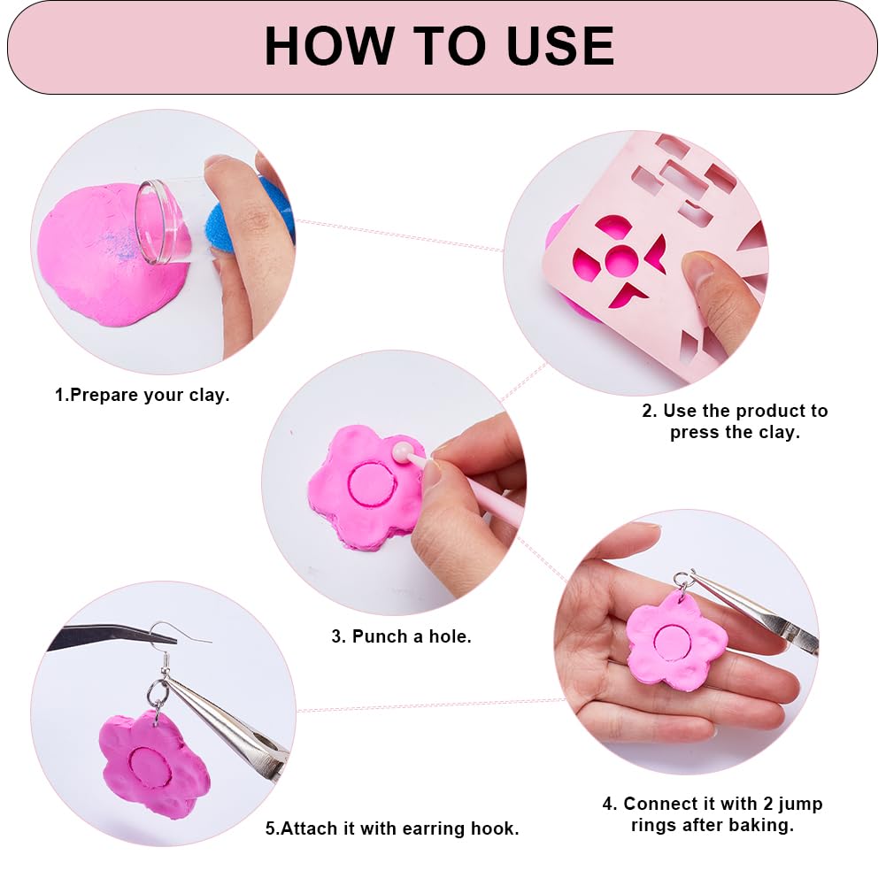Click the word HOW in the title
[329, 46]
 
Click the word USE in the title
[560, 46]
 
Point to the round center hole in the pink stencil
[621, 261]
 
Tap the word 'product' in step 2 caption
[762, 411]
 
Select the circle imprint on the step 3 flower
[371, 482]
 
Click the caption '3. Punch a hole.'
[401, 636]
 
